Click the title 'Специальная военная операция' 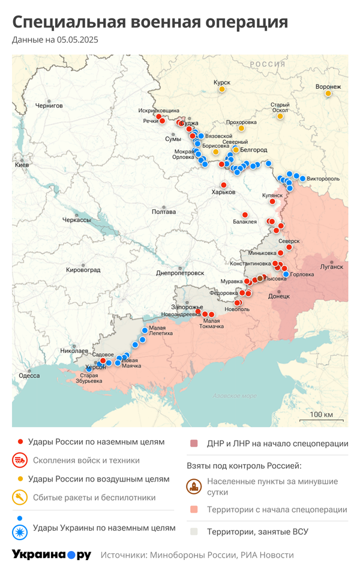150,22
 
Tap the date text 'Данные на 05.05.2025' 55,40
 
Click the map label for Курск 221,82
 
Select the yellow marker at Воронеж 328,93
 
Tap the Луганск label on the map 332,266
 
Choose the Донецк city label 279,296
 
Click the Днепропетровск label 181,272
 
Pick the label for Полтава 164,212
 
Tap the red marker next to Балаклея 245,215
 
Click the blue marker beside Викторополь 302,179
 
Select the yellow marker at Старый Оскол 280,116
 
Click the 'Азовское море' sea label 234,396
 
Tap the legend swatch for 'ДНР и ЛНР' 194,444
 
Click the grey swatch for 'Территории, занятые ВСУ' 194,531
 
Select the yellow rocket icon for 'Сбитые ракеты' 20,497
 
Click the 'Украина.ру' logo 52,555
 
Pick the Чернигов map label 49,106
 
